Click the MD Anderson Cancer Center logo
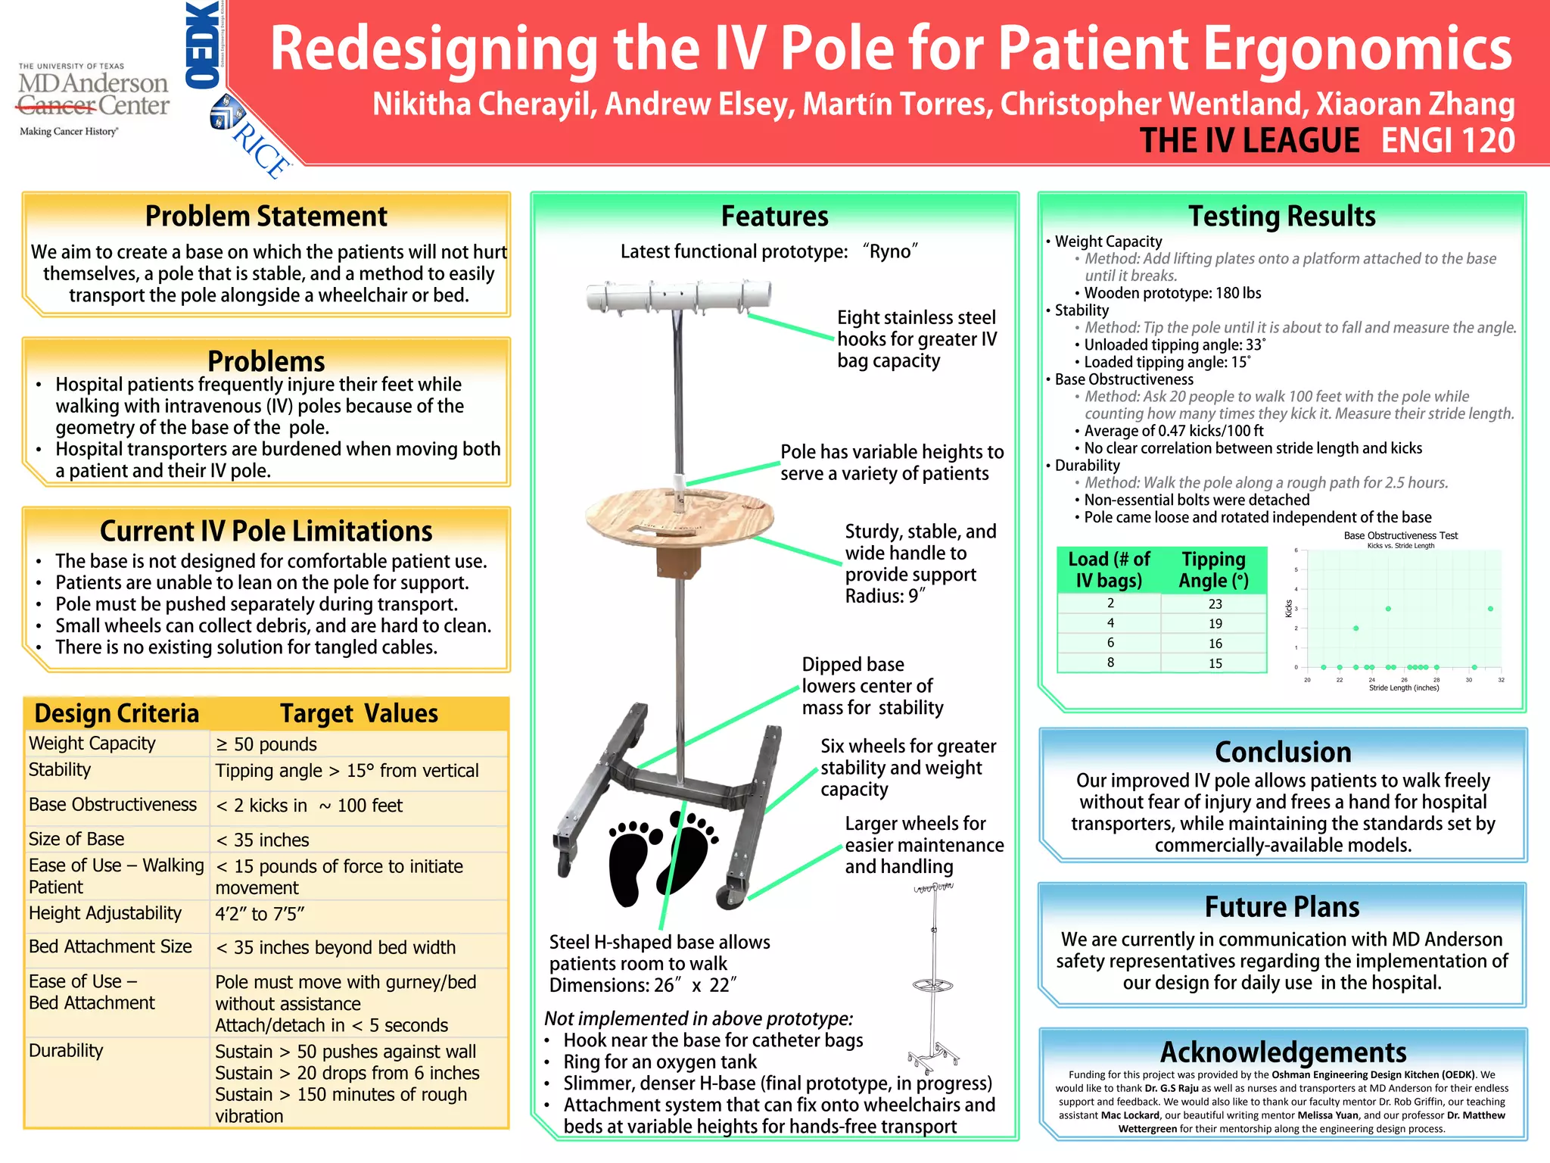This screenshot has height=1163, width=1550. pos(93,97)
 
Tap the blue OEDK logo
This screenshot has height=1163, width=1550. pos(202,45)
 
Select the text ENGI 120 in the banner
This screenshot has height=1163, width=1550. pos(1447,141)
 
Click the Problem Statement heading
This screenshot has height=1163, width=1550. pos(266,217)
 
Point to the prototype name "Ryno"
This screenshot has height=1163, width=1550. pos(890,251)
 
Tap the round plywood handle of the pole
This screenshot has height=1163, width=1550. pos(679,519)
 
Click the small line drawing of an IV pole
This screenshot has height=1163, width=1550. pos(934,977)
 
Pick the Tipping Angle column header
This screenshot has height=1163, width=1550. pos(1213,569)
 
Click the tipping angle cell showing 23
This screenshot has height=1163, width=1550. pos(1215,604)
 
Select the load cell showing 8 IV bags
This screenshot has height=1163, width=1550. pos(1110,663)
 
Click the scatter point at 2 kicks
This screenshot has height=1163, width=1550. pos(1355,628)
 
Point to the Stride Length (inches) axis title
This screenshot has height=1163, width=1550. pos(1403,688)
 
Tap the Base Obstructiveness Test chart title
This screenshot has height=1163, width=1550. pos(1400,535)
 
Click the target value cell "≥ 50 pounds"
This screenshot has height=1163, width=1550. pos(266,744)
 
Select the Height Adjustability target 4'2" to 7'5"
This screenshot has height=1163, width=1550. pos(260,914)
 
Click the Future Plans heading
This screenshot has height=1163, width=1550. pos(1282,907)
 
